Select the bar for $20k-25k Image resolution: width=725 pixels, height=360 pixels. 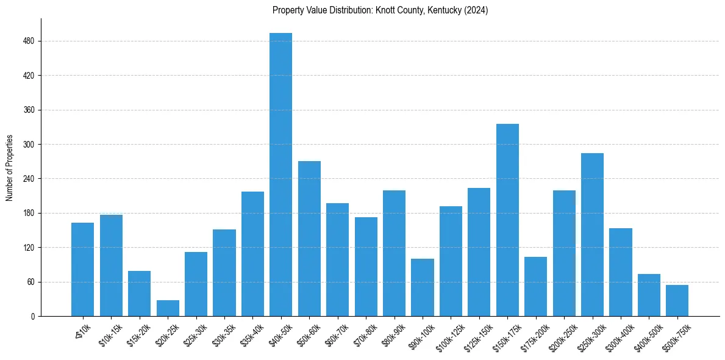pyautogui.click(x=168, y=308)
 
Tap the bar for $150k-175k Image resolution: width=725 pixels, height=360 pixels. pyautogui.click(x=507, y=220)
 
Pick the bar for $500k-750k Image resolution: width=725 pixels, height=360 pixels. pyautogui.click(x=677, y=300)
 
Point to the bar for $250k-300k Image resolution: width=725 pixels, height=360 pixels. pyautogui.click(x=592, y=234)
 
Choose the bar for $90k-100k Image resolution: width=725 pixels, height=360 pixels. pyautogui.click(x=423, y=287)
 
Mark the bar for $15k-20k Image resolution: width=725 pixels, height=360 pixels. pyautogui.click(x=139, y=293)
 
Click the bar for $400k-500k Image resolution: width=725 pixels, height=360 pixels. pyautogui.click(x=649, y=295)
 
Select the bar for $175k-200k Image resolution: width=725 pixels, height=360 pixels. pyautogui.click(x=535, y=286)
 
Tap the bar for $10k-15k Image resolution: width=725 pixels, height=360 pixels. pyautogui.click(x=111, y=265)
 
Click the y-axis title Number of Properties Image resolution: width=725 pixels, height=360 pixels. pyautogui.click(x=10, y=168)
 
